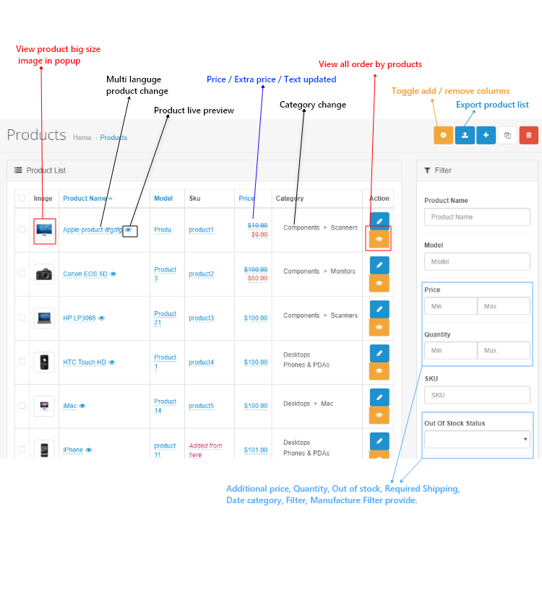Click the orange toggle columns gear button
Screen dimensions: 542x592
tap(443, 135)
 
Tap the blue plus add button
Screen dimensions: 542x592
tap(486, 135)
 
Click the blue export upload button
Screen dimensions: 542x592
tap(465, 135)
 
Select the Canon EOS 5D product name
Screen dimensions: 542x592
tap(85, 274)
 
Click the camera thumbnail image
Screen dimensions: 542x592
tap(44, 274)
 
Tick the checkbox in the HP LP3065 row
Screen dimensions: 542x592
tap(22, 318)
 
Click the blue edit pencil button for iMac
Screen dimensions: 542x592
tap(379, 397)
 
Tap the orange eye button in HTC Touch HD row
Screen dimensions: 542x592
tap(379, 371)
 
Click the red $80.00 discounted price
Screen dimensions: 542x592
tap(257, 278)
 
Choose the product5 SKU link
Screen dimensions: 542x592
tap(201, 406)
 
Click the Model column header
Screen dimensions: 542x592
tap(163, 199)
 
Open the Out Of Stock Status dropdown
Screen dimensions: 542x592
tap(477, 439)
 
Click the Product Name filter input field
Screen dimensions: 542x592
tap(477, 217)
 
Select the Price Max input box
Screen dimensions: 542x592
tap(504, 306)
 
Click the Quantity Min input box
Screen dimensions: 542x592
tap(450, 350)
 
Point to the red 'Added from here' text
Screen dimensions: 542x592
tap(206, 450)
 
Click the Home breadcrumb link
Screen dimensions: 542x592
tap(82, 137)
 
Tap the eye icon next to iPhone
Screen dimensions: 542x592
tap(89, 450)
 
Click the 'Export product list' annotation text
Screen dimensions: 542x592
tap(492, 105)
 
